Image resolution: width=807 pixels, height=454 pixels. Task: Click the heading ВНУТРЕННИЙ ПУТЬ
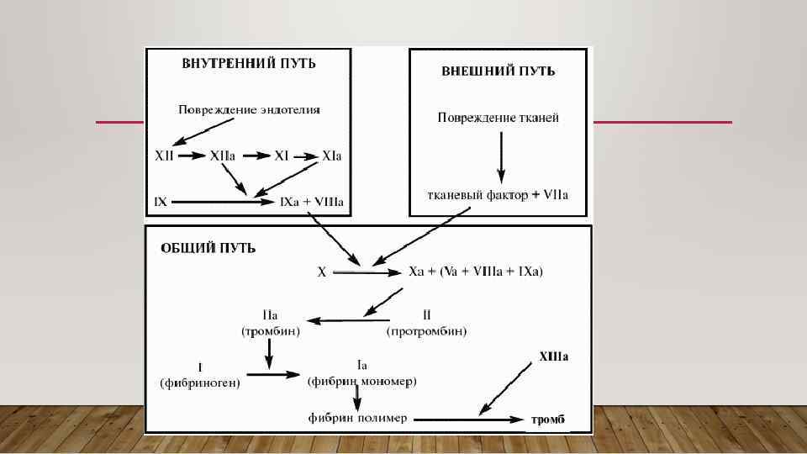pos(250,63)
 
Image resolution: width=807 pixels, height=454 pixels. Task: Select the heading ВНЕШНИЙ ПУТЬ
pos(498,71)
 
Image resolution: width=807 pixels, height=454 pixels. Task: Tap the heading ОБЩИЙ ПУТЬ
pos(208,248)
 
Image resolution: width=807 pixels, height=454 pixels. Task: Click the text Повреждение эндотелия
pos(250,109)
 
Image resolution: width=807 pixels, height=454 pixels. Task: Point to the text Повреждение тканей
pos(498,118)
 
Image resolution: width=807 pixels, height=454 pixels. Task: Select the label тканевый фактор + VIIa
pos(498,195)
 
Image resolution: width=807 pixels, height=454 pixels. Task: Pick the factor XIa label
pos(332,156)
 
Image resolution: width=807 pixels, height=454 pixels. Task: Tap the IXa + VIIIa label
pos(312,202)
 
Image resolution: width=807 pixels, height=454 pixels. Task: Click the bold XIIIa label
pos(553,356)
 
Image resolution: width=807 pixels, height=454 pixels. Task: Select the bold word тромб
pos(548,419)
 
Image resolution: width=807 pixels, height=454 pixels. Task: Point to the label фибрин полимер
pos(356,418)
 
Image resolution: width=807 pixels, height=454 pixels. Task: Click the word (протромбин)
pos(427,331)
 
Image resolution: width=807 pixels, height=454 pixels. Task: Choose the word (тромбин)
pos(271,331)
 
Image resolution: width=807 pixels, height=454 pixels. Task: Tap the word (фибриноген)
pos(200,383)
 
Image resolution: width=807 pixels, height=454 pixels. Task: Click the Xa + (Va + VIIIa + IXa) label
pos(476,272)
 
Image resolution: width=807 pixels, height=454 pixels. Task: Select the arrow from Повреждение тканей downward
pos(501,157)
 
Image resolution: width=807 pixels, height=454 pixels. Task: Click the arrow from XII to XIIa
pos(192,156)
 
